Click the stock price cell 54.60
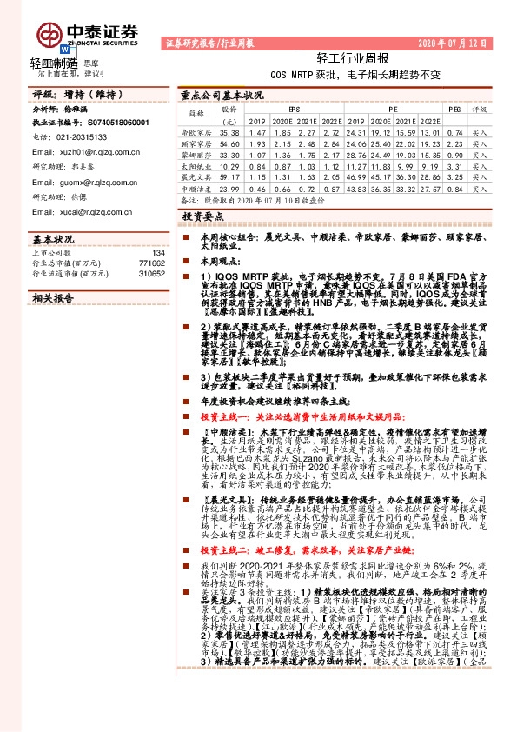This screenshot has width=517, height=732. pyautogui.click(x=229, y=143)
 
